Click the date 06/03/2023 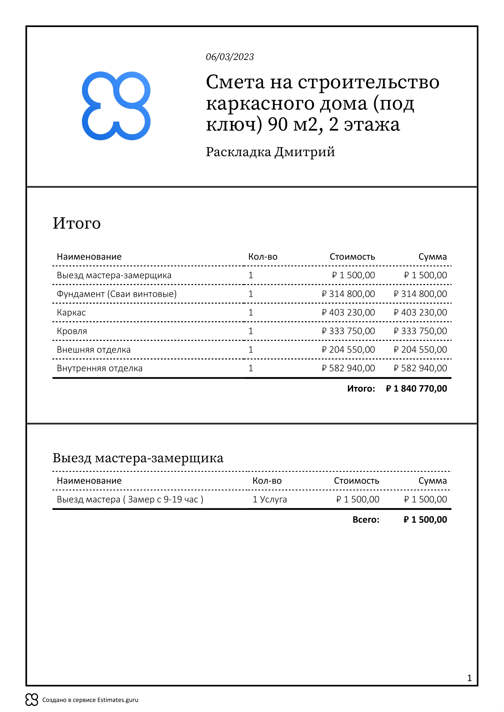[x=230, y=57]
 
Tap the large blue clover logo [x=116, y=106]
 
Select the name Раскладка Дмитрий [x=270, y=152]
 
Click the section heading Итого [x=77, y=223]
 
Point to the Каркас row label [x=71, y=312]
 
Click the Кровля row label [x=72, y=331]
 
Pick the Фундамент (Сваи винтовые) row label [x=116, y=294]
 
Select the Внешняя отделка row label [x=94, y=349]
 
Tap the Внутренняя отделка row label [x=99, y=368]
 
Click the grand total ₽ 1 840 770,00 [x=416, y=388]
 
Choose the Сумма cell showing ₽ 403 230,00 [x=420, y=312]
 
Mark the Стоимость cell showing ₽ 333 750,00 [x=348, y=331]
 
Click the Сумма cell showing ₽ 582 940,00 [x=420, y=368]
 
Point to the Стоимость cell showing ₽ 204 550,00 [x=348, y=349]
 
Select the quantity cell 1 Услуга [x=269, y=499]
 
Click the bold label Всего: [x=366, y=520]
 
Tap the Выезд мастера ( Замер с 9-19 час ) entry [x=130, y=499]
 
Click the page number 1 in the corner [x=469, y=678]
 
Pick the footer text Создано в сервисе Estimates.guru [x=90, y=700]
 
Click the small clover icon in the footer [x=32, y=700]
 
